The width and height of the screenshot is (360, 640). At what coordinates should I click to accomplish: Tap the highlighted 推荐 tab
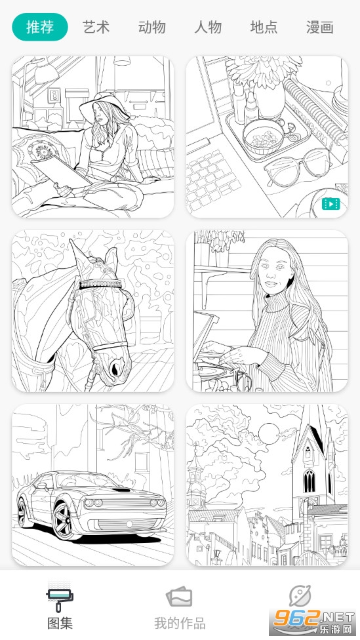(40, 27)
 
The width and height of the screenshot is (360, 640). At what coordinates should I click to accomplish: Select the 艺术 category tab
(96, 27)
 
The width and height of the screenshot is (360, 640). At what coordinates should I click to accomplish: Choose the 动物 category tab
(152, 27)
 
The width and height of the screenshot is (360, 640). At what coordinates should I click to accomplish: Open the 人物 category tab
(208, 27)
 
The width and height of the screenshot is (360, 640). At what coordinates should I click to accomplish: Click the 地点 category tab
(264, 27)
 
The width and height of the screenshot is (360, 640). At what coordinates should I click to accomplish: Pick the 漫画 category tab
(319, 27)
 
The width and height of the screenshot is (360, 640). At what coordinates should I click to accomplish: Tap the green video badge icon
(330, 203)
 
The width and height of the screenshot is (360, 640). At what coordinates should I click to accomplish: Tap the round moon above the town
(269, 433)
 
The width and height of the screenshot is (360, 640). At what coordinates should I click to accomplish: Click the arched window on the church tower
(309, 481)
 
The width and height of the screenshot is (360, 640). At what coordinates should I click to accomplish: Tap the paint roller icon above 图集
(60, 597)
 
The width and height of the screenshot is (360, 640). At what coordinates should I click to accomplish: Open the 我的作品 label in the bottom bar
(180, 623)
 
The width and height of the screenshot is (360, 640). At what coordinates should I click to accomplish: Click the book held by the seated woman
(61, 170)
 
